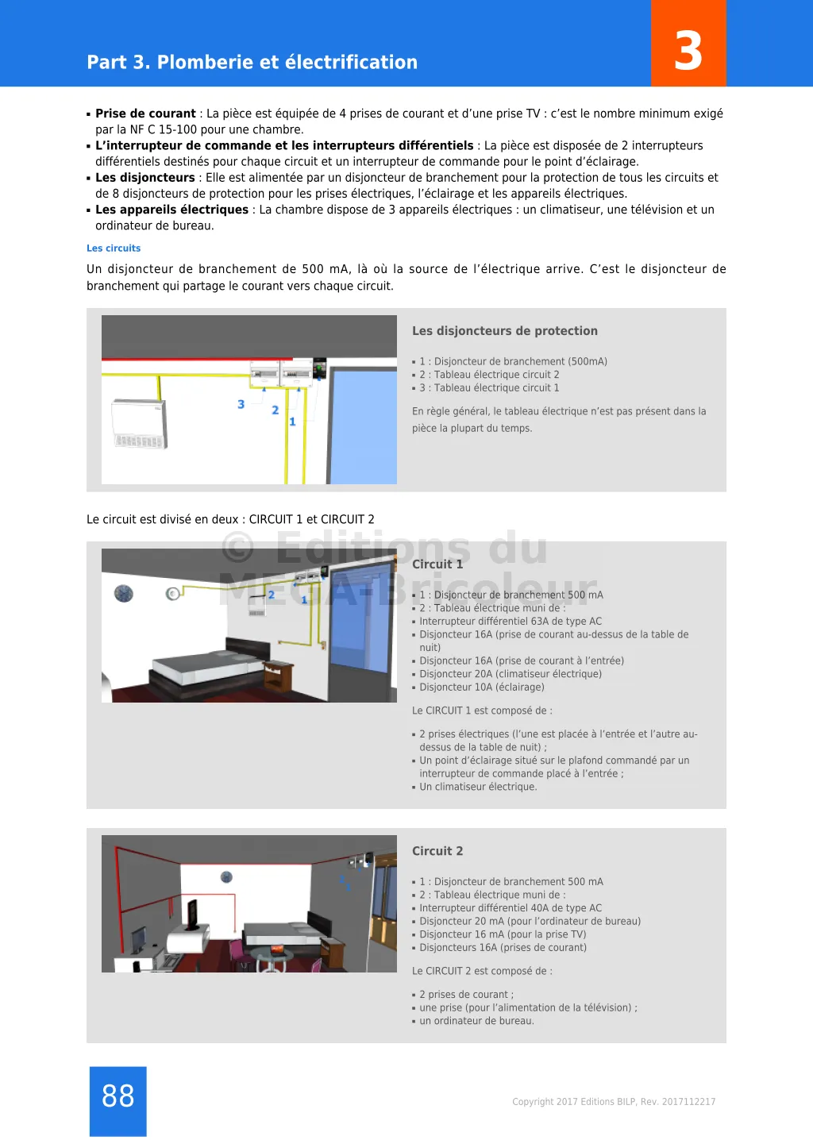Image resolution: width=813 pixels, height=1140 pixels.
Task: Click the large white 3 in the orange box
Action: pos(688,51)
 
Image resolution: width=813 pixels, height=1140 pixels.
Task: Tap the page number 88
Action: pos(118,1096)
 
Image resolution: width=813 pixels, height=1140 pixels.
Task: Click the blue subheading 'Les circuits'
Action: pos(114,248)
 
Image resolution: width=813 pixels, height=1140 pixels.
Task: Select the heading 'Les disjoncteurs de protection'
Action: pos(504,331)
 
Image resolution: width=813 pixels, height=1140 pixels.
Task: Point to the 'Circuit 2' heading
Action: pos(437,851)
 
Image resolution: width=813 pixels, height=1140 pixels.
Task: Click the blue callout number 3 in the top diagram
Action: pos(241,404)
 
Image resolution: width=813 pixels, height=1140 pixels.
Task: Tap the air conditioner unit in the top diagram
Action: pos(140,423)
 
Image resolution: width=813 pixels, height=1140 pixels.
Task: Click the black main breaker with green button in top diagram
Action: pos(319,369)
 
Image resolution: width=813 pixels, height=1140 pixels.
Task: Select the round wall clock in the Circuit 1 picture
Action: pos(124,593)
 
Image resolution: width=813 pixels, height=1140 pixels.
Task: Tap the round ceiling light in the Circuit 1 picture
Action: pos(172,593)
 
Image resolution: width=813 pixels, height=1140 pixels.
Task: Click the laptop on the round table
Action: pos(277,949)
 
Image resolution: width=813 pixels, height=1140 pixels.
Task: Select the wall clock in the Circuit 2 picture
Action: pos(226,877)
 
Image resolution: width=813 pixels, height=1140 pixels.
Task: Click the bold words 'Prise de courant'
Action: pos(145,114)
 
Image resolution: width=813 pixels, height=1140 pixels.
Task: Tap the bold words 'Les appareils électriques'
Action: pos(171,210)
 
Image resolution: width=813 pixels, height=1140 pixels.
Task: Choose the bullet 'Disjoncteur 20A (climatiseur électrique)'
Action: pos(511,674)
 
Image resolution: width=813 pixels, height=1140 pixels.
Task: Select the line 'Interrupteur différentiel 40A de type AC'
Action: pos(511,908)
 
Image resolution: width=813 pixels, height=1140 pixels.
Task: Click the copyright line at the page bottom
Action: pos(614,1102)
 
